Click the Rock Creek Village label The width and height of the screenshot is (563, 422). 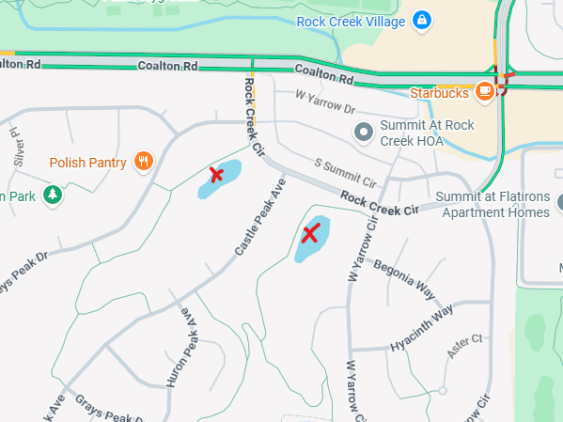(x=351, y=21)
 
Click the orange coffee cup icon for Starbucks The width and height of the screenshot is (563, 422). (x=485, y=91)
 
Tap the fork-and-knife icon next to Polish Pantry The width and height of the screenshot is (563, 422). (x=144, y=162)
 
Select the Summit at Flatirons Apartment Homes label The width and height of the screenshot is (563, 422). (x=494, y=204)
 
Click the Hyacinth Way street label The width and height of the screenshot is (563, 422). (x=422, y=326)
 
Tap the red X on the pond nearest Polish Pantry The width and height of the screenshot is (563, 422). (x=216, y=174)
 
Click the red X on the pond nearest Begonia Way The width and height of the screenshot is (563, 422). (x=310, y=235)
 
